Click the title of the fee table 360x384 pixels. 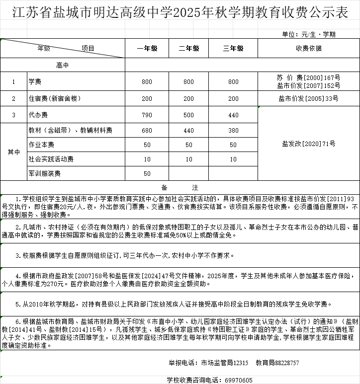click(180, 13)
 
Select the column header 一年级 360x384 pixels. click(147, 48)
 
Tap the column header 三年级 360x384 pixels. click(233, 48)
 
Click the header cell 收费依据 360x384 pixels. click(308, 48)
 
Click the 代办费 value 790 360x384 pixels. click(147, 115)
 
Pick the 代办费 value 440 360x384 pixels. click(233, 115)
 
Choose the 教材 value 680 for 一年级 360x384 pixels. click(147, 130)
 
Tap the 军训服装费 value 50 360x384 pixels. click(147, 173)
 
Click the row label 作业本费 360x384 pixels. click(41, 145)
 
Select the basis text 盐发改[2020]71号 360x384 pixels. click(308, 144)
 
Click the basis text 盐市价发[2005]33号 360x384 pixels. click(308, 98)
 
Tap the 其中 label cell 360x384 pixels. click(14, 152)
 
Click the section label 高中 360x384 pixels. click(63, 65)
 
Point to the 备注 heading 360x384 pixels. click(180, 187)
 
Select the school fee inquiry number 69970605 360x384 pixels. click(239, 380)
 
